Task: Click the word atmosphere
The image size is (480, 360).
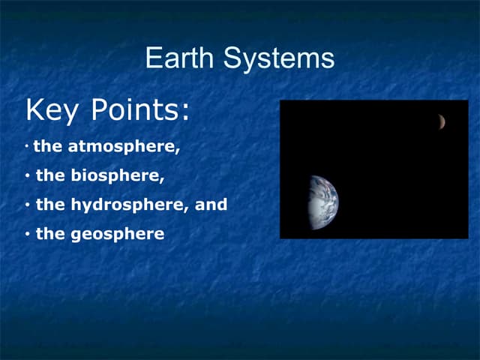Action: (x=124, y=147)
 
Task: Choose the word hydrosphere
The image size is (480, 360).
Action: (x=130, y=205)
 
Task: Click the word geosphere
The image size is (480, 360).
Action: (x=118, y=234)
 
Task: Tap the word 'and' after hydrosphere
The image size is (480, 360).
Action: (x=211, y=205)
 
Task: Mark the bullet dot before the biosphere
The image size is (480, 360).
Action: (x=26, y=177)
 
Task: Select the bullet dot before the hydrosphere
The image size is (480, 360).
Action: (x=26, y=205)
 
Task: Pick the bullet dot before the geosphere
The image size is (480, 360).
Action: (x=26, y=235)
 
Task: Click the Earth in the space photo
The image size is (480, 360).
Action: (x=324, y=201)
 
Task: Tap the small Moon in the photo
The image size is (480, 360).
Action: (x=442, y=121)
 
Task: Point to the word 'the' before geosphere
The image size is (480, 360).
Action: (x=51, y=234)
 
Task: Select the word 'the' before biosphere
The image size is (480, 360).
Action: (x=51, y=176)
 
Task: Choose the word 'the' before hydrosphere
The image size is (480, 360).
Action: (x=51, y=205)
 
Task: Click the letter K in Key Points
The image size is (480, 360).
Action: (x=35, y=111)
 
